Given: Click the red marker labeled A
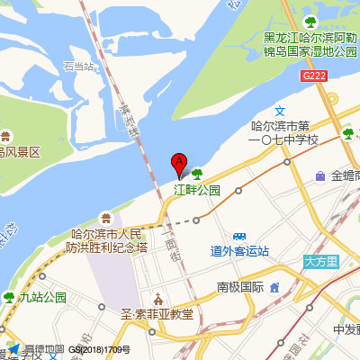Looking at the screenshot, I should [179, 165].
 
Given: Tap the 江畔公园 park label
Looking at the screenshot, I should [197, 190].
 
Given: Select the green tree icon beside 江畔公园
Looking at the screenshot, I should [196, 174].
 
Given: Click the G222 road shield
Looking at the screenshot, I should [313, 76].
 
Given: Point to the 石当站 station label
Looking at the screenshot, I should [78, 66].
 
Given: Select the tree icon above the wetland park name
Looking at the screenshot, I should [310, 21].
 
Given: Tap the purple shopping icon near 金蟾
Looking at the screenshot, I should [320, 176].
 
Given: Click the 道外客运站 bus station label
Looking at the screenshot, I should [239, 250].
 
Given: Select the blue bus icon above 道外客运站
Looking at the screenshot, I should [239, 233].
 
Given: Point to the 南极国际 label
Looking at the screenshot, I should [239, 287].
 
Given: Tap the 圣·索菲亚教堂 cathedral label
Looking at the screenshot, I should [157, 314].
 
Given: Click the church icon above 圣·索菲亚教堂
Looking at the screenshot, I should [158, 298].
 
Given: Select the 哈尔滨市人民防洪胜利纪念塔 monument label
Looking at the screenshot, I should [109, 240].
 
